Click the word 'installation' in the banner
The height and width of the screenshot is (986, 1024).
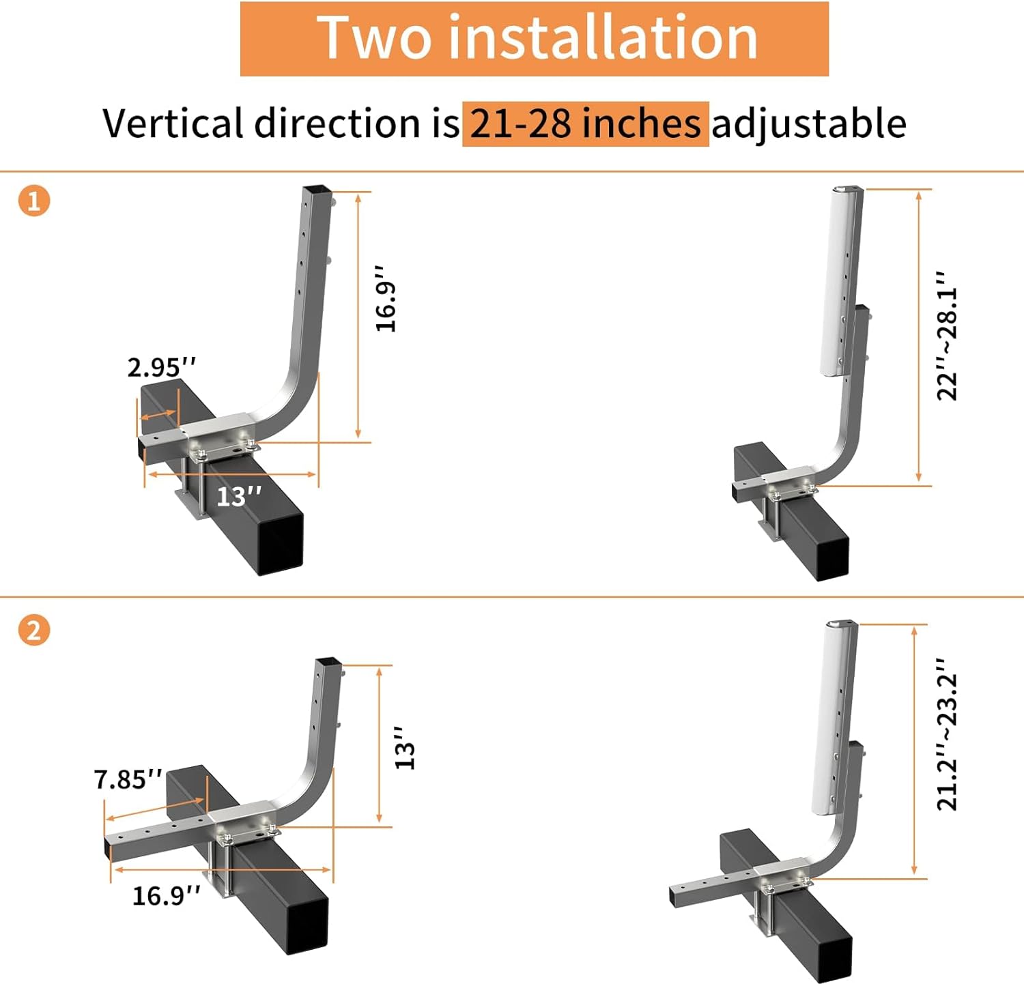603,38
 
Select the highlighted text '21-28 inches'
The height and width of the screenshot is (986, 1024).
585,124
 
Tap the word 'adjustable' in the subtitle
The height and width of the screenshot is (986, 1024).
809,124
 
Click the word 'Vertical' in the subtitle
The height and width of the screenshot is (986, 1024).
175,124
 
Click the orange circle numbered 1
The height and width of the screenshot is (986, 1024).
34,201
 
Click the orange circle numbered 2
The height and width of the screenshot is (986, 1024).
34,630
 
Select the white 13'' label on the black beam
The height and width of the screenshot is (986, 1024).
238,496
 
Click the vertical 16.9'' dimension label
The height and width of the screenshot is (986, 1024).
386,299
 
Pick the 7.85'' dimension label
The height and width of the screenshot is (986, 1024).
128,779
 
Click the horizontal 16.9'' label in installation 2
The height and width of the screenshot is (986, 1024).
166,895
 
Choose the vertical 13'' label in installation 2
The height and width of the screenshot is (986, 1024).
406,748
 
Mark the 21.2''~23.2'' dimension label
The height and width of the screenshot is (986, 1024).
948,734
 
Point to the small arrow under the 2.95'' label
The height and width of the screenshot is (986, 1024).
158,415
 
